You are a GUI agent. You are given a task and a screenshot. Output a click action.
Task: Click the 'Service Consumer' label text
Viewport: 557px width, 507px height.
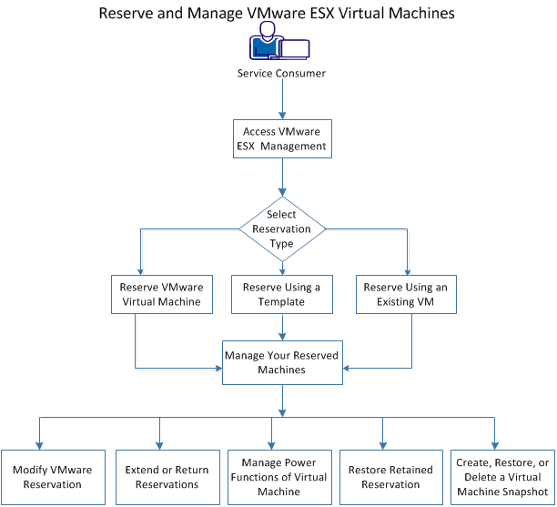281,74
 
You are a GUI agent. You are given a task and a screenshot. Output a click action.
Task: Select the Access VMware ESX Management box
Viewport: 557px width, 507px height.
281,137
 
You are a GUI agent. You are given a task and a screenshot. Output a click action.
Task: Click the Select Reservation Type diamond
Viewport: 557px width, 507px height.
281,229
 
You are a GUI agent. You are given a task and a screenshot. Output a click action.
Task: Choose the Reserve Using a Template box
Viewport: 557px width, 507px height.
281,294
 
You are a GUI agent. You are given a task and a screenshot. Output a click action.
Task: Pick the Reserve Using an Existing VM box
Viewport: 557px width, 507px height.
406,294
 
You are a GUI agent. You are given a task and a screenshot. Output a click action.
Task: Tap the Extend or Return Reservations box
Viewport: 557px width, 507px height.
159,477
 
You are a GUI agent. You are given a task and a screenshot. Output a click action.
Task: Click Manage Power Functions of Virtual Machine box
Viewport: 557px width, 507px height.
272,477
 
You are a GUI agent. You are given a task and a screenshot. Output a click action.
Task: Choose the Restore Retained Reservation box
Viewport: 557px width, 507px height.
383,477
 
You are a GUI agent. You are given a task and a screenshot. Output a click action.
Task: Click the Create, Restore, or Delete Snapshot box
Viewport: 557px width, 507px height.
501,477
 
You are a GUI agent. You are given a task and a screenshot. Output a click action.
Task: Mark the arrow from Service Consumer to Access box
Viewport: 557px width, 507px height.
281,98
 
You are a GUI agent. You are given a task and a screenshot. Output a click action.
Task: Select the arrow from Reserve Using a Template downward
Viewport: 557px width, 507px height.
281,326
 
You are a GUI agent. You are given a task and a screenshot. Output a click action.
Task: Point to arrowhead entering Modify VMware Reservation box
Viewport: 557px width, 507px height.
40,443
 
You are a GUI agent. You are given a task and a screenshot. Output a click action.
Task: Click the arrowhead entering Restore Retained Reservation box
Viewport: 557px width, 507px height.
383,443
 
